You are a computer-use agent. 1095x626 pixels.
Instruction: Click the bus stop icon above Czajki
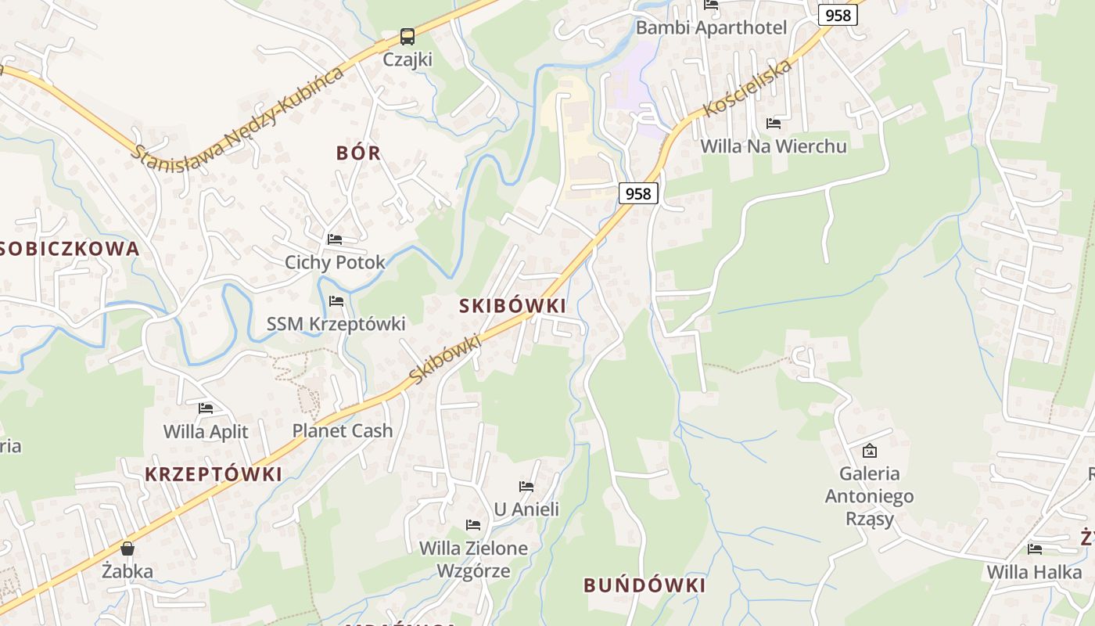pyautogui.click(x=407, y=36)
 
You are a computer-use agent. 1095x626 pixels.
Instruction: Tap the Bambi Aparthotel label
pyautogui.click(x=710, y=28)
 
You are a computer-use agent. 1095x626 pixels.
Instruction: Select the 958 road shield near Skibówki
pyautogui.click(x=638, y=193)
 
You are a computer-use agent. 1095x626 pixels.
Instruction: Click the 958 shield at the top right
pyautogui.click(x=838, y=15)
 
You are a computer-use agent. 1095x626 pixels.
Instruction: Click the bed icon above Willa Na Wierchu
pyautogui.click(x=774, y=124)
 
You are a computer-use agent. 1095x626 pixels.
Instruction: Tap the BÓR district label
pyautogui.click(x=358, y=153)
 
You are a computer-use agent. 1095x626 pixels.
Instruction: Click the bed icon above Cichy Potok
pyautogui.click(x=335, y=239)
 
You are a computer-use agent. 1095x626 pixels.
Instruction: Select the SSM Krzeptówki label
pyautogui.click(x=336, y=324)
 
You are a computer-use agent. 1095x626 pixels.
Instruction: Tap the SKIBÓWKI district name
pyautogui.click(x=512, y=306)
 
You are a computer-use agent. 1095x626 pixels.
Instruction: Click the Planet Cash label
pyautogui.click(x=343, y=430)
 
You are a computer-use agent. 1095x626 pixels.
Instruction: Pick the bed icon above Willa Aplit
pyautogui.click(x=206, y=408)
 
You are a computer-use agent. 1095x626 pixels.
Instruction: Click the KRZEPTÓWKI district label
pyautogui.click(x=213, y=474)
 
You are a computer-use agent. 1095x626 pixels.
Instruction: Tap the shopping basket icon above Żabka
pyautogui.click(x=127, y=549)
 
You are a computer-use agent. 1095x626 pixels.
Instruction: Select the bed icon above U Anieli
pyautogui.click(x=526, y=487)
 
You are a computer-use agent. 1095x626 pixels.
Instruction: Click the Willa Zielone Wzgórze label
pyautogui.click(x=473, y=559)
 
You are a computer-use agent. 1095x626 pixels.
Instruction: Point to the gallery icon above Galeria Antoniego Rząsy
pyautogui.click(x=869, y=451)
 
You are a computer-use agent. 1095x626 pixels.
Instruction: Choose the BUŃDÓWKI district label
pyautogui.click(x=644, y=585)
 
